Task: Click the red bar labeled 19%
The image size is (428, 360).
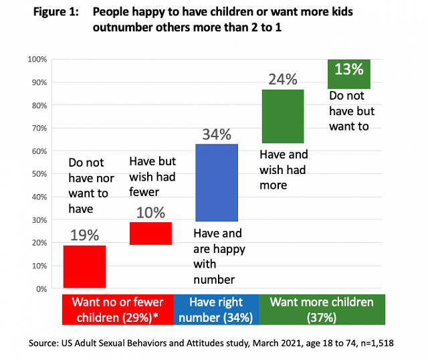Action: (84, 266)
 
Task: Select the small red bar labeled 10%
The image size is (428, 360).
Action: (150, 233)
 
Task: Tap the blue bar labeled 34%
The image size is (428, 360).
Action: (216, 182)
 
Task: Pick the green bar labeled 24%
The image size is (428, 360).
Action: (282, 116)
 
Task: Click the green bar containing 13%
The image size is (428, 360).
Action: (348, 74)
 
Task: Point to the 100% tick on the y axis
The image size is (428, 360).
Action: (37, 60)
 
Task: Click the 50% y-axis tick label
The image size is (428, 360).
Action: (39, 174)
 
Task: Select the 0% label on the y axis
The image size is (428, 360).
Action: (41, 289)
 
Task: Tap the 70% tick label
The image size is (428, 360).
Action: (39, 128)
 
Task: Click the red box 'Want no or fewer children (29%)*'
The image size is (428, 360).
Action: (118, 310)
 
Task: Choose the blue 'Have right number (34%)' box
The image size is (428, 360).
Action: (216, 310)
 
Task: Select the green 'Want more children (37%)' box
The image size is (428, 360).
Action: (322, 310)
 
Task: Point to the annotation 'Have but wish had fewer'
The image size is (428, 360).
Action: (150, 176)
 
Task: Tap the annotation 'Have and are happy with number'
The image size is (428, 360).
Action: (219, 256)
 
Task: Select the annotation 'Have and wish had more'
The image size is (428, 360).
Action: (283, 169)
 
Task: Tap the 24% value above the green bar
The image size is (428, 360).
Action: (282, 79)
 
